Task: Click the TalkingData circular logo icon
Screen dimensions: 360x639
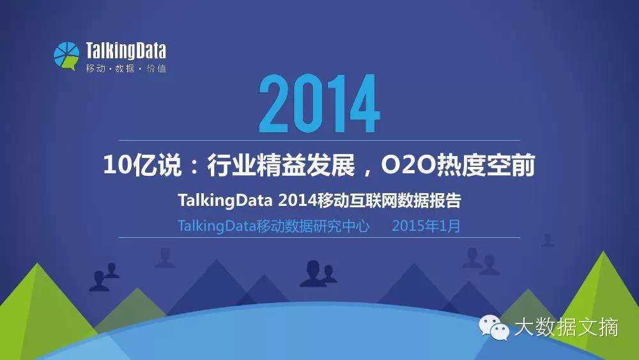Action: point(66,56)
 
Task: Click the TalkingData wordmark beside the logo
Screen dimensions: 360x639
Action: point(125,51)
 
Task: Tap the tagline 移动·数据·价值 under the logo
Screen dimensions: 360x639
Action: point(125,68)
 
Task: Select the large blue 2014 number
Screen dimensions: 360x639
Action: point(319,105)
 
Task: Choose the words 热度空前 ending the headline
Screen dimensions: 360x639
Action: point(486,166)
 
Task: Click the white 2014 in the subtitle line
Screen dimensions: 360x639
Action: point(298,201)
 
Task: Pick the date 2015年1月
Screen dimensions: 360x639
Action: point(426,226)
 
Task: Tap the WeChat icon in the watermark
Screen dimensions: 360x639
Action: point(495,329)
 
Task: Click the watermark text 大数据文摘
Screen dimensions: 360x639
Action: point(566,328)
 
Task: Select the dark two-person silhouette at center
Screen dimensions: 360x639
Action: point(318,274)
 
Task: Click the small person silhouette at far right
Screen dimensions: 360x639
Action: point(548,240)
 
